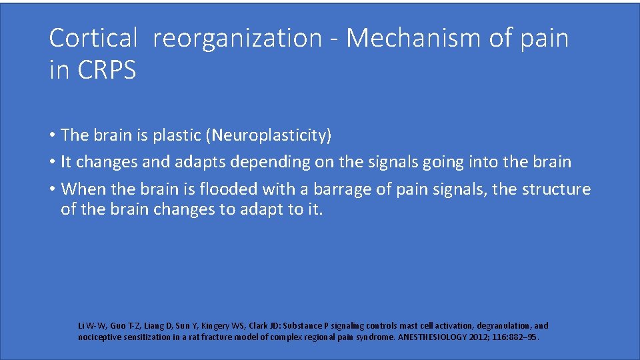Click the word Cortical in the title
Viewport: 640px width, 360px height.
pyautogui.click(x=93, y=39)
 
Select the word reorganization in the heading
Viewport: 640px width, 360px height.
pyautogui.click(x=237, y=39)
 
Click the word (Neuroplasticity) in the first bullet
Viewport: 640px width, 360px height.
pyautogui.click(x=269, y=135)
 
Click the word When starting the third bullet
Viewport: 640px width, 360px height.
pyautogui.click(x=83, y=189)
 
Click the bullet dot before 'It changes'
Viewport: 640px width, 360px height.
pyautogui.click(x=53, y=162)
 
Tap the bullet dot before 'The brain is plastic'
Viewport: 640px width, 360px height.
pyautogui.click(x=53, y=135)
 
